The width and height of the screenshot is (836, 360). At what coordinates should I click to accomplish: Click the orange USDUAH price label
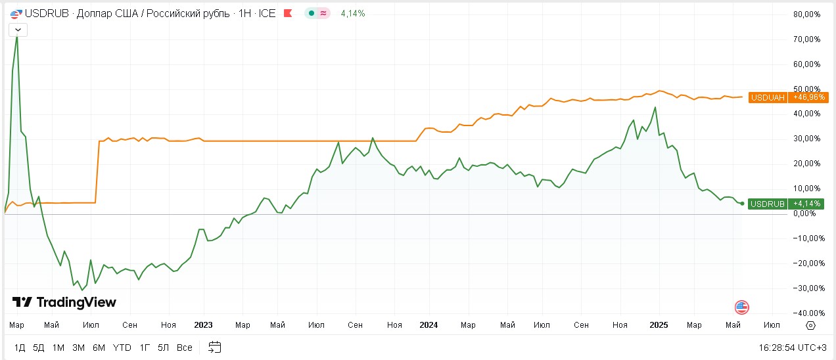(x=788, y=97)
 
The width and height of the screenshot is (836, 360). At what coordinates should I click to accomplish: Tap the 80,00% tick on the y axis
(x=807, y=14)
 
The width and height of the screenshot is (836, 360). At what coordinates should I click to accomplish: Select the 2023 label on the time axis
(x=204, y=325)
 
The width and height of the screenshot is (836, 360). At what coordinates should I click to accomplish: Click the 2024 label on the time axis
(x=429, y=325)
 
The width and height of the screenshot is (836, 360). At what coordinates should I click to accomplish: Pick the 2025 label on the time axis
(x=659, y=325)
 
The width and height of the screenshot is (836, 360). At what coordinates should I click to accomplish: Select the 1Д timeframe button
(x=20, y=348)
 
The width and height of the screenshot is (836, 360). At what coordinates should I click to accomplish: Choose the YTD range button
(x=122, y=348)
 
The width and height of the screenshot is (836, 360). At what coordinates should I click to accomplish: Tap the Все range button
(x=185, y=348)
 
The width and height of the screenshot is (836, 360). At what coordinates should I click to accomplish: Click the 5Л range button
(x=164, y=348)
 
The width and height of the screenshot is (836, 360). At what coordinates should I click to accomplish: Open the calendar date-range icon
(x=215, y=348)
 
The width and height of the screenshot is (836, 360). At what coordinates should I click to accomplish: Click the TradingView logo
(x=64, y=302)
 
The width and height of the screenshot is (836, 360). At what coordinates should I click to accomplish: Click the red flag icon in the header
(x=287, y=13)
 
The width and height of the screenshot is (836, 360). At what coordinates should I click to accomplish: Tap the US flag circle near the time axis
(x=742, y=307)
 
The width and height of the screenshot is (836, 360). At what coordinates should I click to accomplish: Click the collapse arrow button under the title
(x=18, y=30)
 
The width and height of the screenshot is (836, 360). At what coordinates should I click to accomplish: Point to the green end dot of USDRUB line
(x=742, y=204)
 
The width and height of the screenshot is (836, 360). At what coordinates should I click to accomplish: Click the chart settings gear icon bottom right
(x=810, y=325)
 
